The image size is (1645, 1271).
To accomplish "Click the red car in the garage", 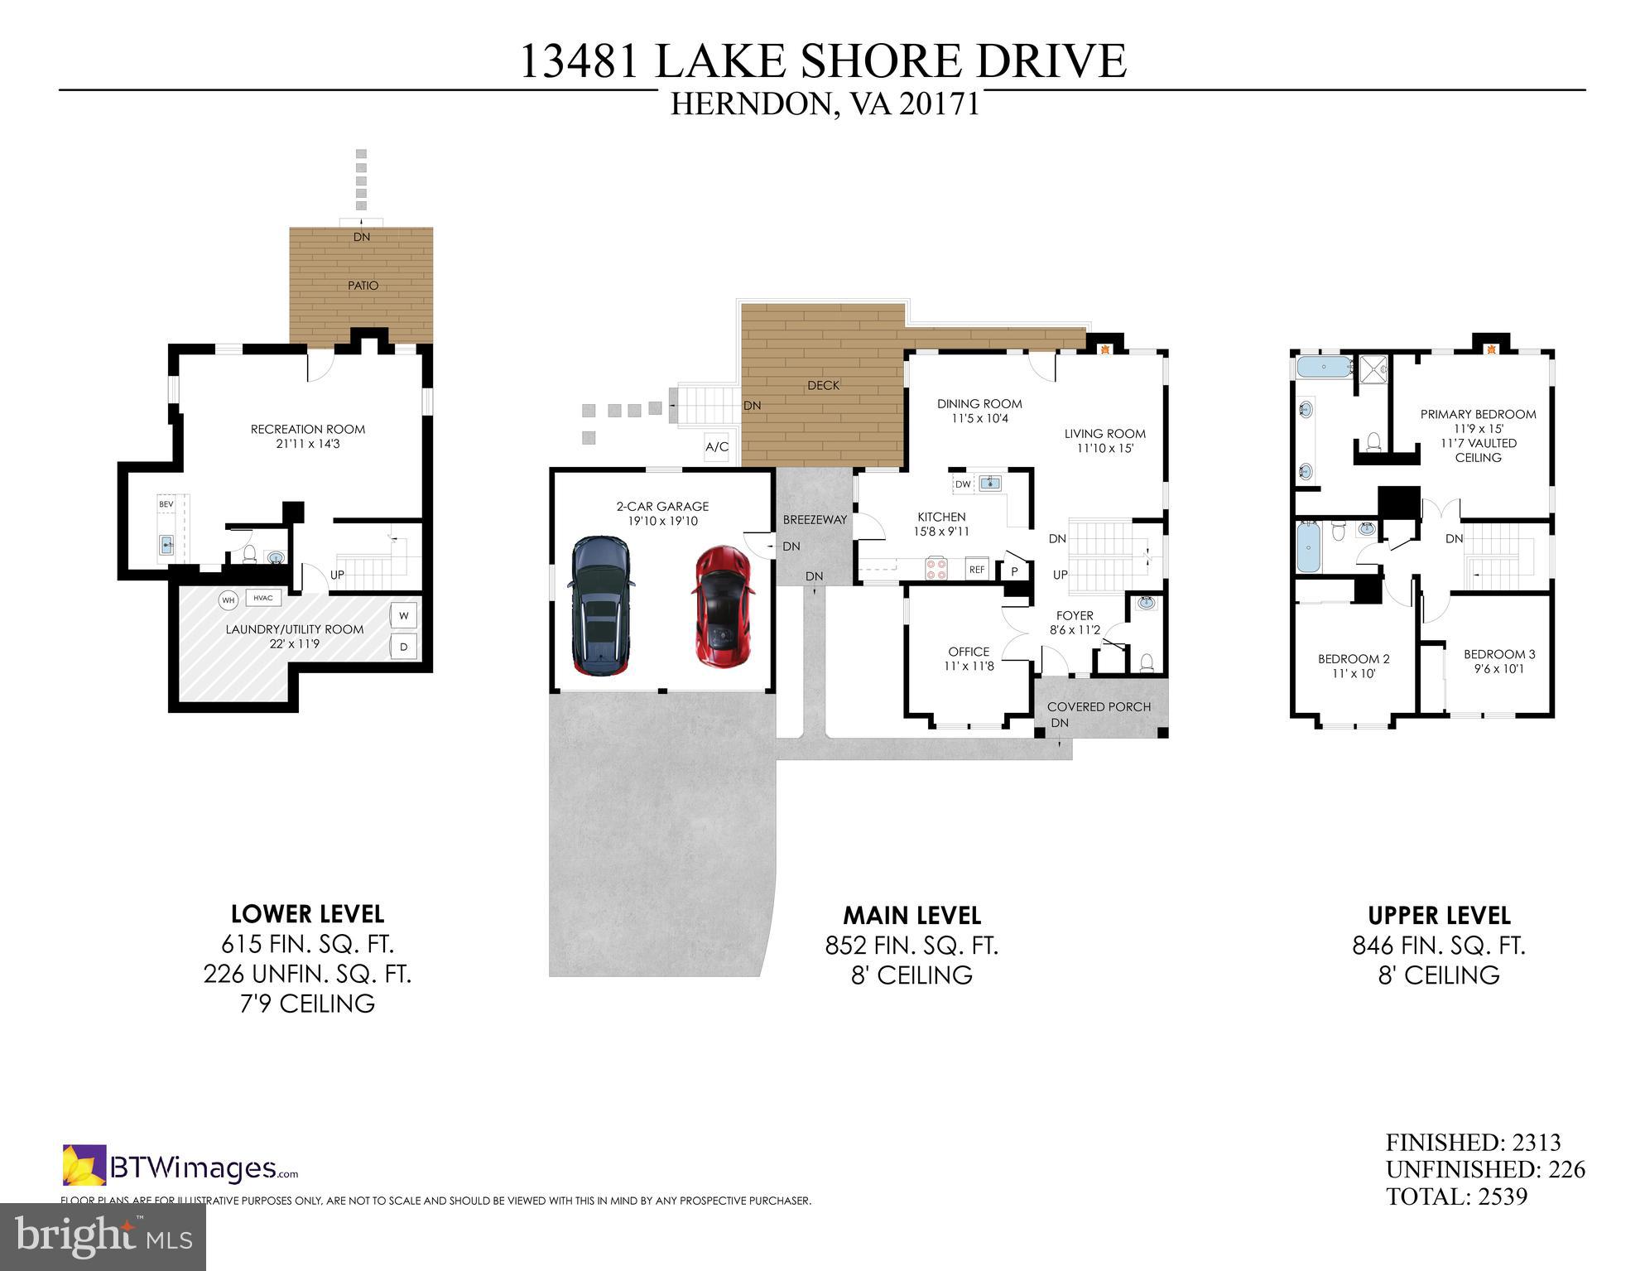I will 722,606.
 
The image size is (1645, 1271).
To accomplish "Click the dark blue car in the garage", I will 600,606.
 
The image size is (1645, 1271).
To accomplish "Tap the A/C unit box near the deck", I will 717,447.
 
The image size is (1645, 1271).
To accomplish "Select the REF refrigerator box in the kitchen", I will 977,570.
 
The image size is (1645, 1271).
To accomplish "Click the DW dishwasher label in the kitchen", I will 963,484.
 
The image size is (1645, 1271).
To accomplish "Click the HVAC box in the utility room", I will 263,598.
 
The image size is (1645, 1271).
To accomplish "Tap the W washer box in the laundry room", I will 404,616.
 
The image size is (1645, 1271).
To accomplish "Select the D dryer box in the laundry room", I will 404,647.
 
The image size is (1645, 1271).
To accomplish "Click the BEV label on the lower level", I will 166,503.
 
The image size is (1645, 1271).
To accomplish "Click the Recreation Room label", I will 308,429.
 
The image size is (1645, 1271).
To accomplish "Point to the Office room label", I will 969,652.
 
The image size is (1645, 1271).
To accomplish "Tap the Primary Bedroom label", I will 1478,414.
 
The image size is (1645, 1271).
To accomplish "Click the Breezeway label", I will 815,520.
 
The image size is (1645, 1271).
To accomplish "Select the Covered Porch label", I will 1099,706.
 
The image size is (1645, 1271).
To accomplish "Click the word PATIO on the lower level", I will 363,286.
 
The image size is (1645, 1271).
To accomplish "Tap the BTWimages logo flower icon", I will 84,1165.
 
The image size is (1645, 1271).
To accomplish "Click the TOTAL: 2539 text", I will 1456,1196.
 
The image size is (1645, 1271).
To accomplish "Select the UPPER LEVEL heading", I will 1439,915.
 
